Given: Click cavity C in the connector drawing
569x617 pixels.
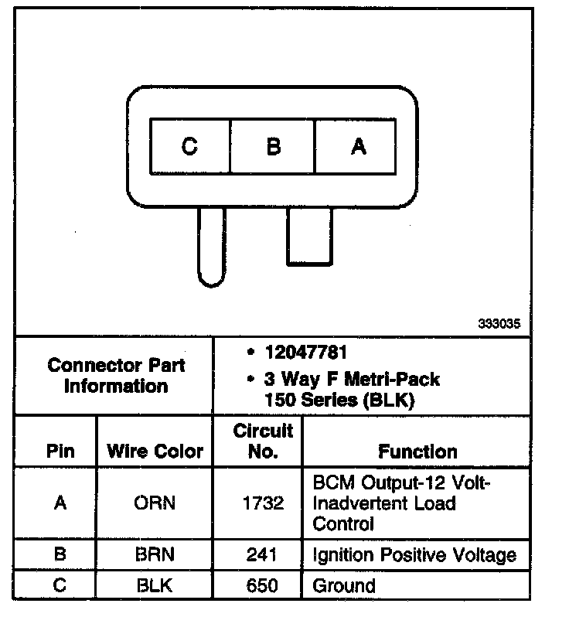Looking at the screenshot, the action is point(190,146).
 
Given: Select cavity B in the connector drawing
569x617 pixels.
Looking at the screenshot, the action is point(273,146).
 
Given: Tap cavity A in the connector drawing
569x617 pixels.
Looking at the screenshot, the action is point(357,146).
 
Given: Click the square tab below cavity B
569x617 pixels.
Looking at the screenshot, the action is point(308,236).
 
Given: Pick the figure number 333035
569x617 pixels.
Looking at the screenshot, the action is point(499,324).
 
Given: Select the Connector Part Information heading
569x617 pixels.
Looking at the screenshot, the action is point(116,375).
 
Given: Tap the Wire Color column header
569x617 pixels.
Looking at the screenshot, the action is point(155,451).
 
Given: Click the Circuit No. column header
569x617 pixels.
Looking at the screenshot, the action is point(263,441).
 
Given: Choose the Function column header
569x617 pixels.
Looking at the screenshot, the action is point(417,451).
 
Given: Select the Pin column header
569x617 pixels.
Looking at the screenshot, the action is point(60,451).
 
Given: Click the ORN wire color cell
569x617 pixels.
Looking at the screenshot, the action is point(155,503).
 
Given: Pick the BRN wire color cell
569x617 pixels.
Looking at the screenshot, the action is point(155,554).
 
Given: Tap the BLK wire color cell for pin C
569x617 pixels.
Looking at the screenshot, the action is point(155,585).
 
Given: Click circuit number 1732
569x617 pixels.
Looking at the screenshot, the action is point(263,503).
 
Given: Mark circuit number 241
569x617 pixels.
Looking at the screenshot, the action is point(263,554).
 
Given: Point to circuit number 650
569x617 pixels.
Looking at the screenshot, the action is point(263,585).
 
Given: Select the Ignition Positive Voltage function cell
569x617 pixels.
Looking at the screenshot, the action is point(414,554).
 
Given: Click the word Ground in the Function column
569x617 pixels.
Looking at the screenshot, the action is point(343,585).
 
